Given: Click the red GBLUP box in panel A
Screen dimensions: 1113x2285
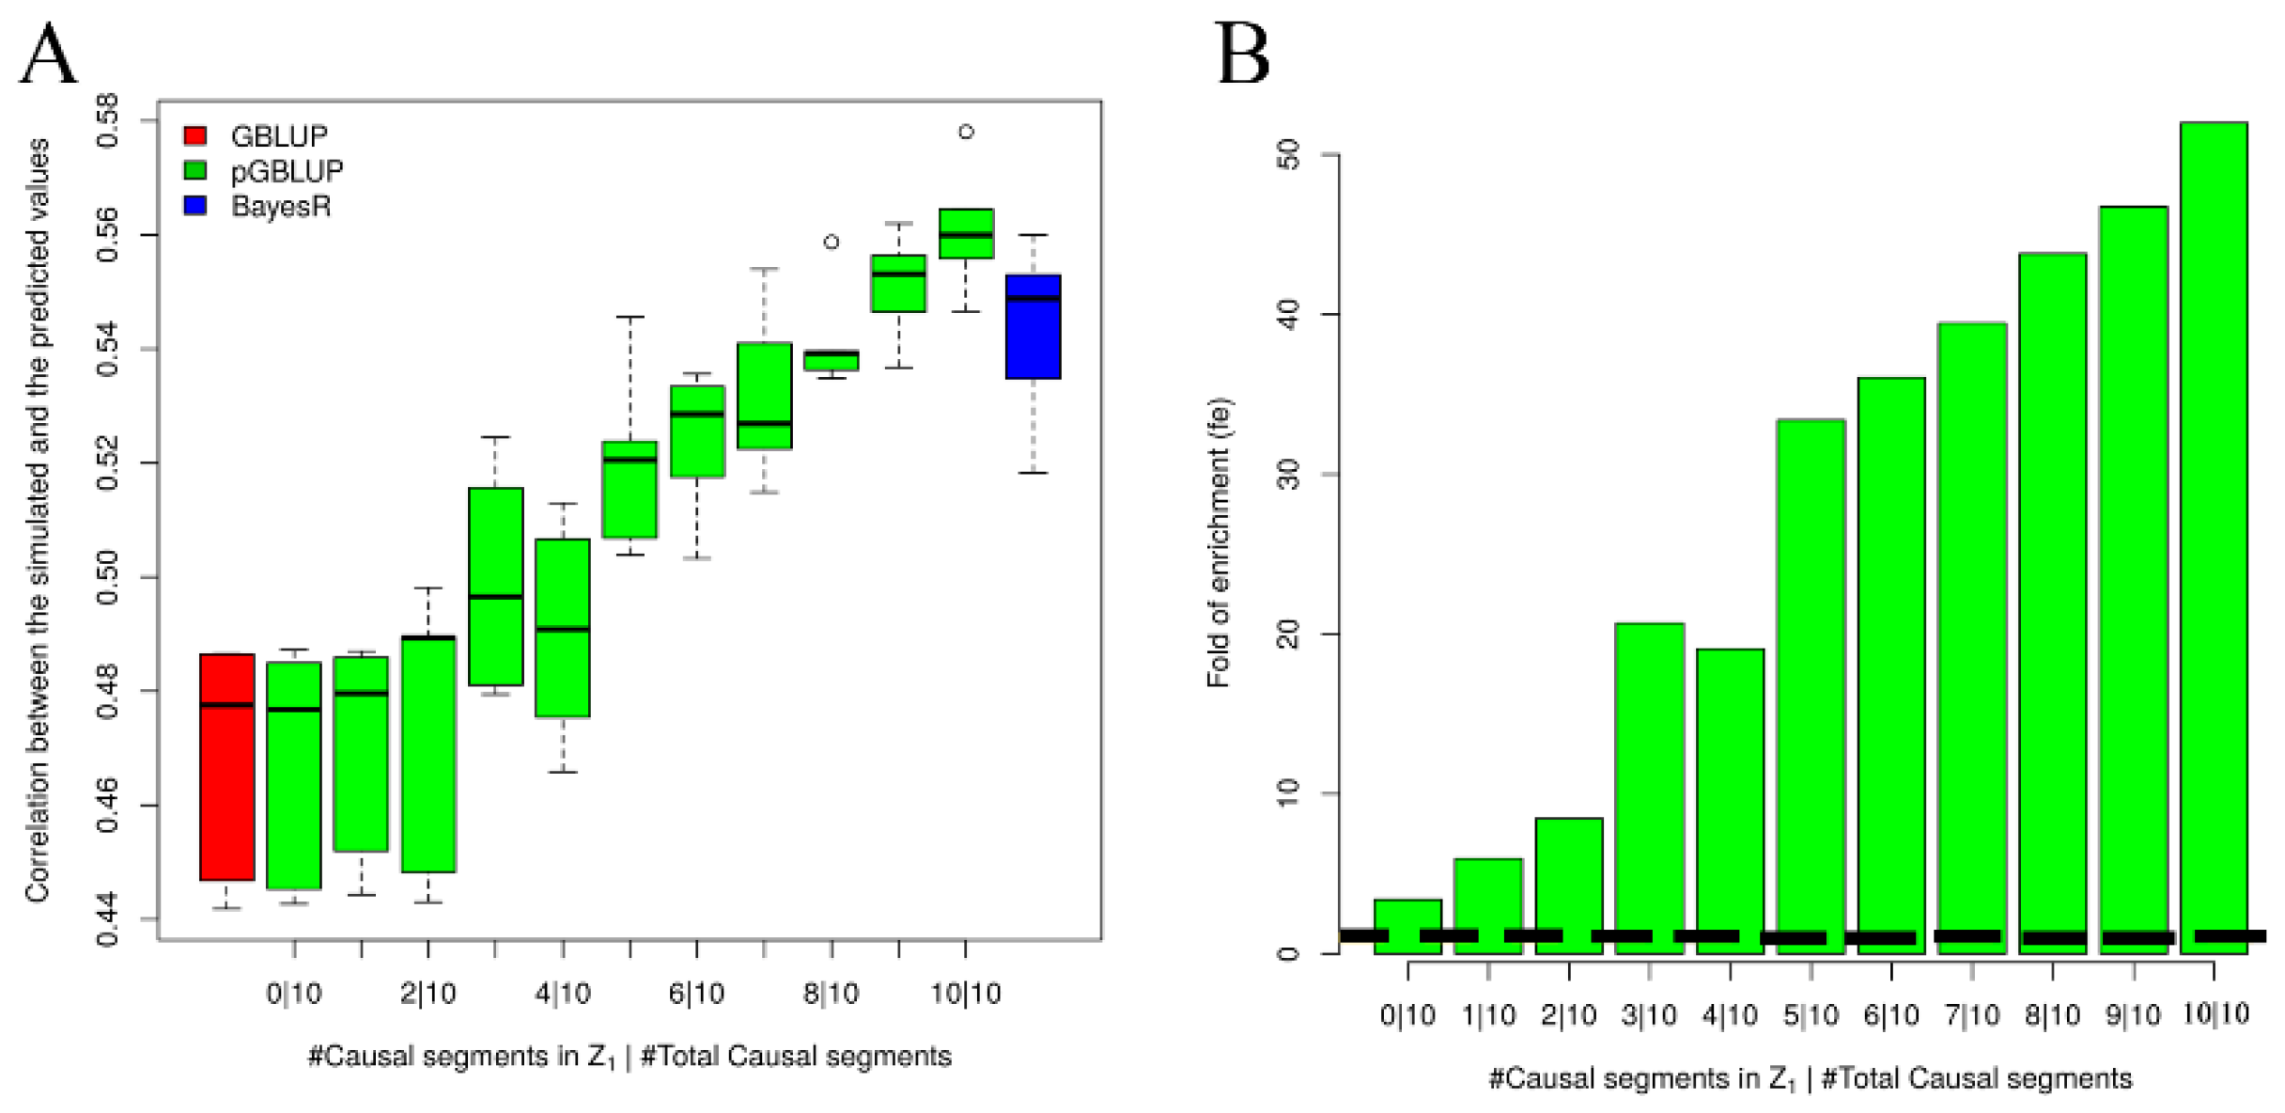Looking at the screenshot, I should click(x=226, y=766).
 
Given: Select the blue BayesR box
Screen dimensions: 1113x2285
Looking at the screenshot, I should click(x=1033, y=327).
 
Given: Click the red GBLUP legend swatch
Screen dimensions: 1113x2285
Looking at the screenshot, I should click(x=195, y=135).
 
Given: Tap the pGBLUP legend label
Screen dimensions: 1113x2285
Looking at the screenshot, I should click(x=287, y=171).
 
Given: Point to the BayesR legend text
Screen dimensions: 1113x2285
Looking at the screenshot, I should click(x=281, y=206).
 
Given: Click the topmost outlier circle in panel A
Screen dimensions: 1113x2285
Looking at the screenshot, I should click(x=966, y=132).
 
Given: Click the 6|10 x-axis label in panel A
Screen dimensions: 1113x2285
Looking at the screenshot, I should click(x=696, y=993).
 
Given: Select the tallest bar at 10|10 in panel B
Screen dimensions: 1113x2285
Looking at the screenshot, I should click(x=2214, y=536).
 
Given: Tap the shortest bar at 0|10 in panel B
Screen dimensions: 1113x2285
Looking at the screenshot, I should click(x=1407, y=926).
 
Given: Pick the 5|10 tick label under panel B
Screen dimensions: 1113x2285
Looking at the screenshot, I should click(x=1811, y=1015).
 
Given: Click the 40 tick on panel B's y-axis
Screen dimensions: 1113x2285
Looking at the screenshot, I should click(x=1289, y=314).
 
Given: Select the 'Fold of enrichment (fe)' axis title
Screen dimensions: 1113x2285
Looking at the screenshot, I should click(x=1219, y=543).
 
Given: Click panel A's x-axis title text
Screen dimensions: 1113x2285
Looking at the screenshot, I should click(x=630, y=1057).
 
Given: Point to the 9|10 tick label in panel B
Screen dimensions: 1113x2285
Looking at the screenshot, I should click(x=2133, y=1015).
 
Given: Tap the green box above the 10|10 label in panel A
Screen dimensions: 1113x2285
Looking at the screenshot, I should click(x=966, y=234).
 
